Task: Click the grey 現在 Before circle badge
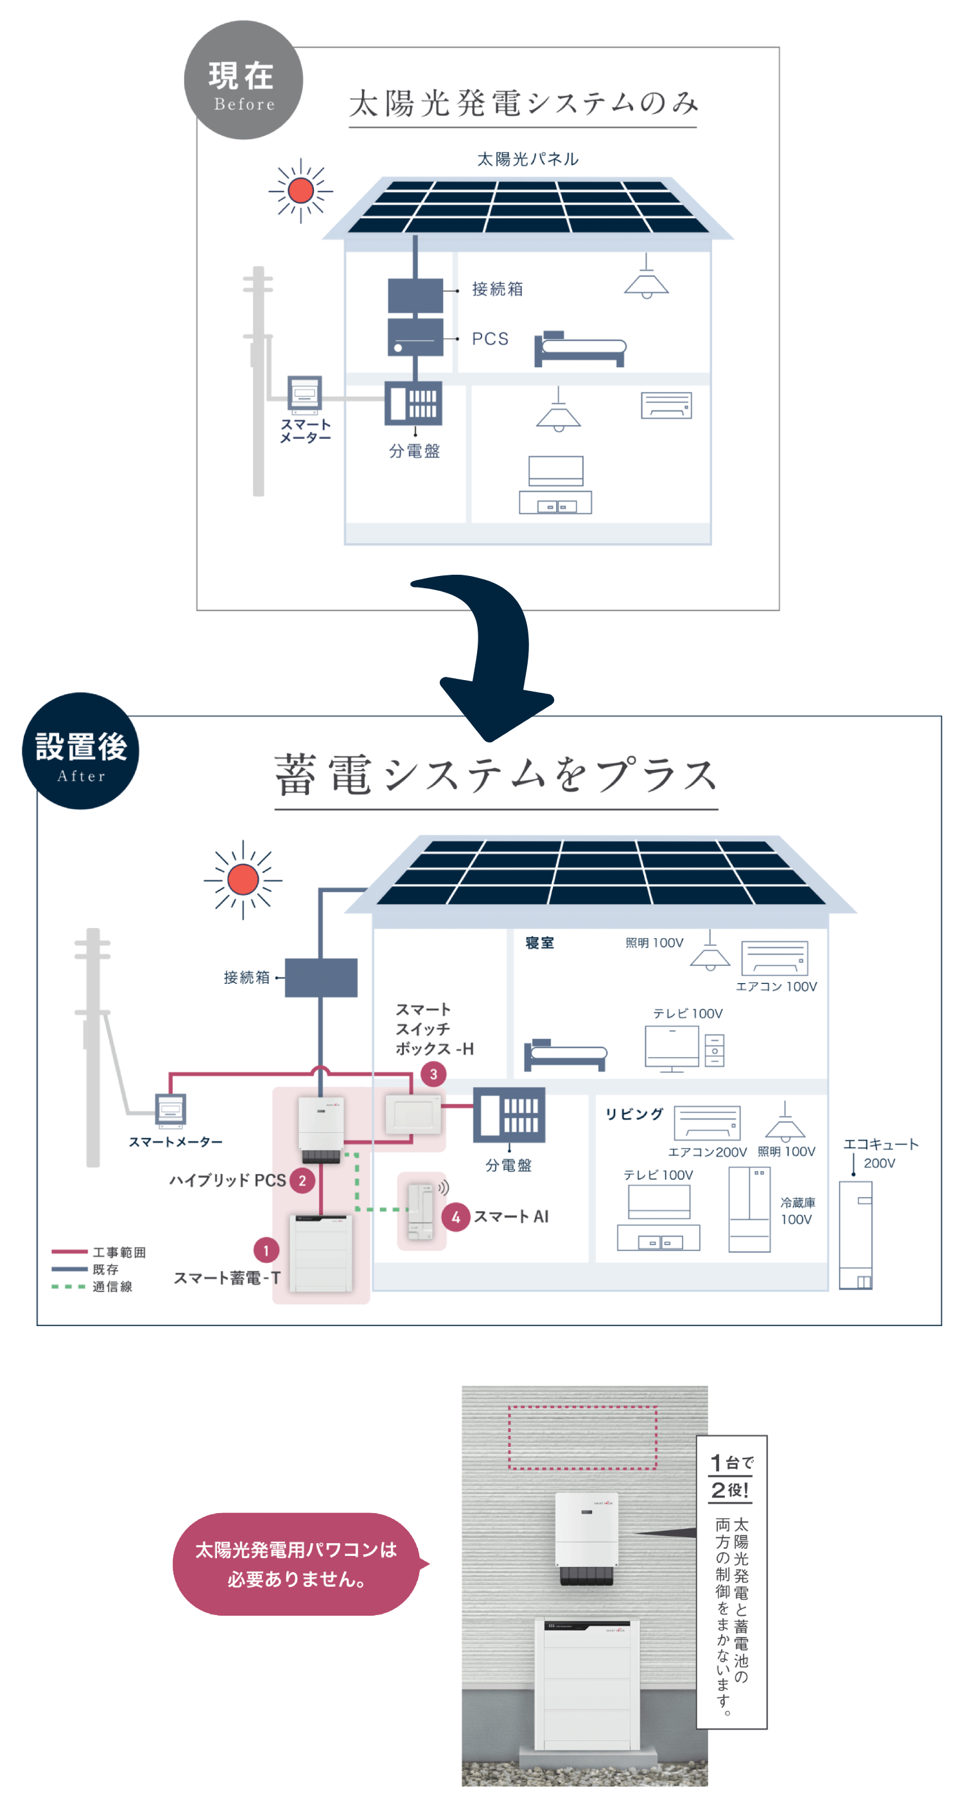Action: (x=243, y=80)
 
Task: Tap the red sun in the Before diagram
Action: (x=300, y=191)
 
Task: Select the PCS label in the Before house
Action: (x=489, y=339)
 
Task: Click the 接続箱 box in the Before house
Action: (x=415, y=295)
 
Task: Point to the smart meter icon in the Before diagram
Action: (x=305, y=394)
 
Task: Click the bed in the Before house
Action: (x=580, y=349)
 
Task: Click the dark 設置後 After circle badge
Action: (x=80, y=750)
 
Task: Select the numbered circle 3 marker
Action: (x=433, y=1074)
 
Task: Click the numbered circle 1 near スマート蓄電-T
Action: (x=266, y=1250)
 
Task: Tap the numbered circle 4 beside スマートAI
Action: (x=456, y=1217)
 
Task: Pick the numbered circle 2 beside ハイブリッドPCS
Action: (x=302, y=1180)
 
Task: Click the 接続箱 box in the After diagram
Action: (x=321, y=977)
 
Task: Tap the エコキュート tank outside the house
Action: (x=856, y=1235)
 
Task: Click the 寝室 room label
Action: (x=539, y=943)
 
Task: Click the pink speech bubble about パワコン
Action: (x=296, y=1564)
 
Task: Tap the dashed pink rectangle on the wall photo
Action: (x=583, y=1437)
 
